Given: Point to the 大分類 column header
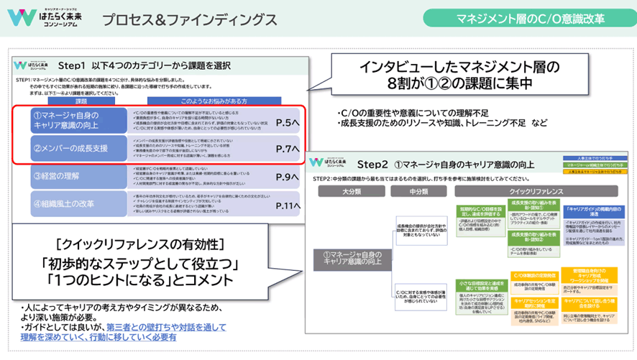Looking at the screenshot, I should click(350, 193).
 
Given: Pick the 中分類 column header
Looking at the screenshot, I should click(418, 193).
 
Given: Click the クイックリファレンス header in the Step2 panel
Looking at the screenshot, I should click(530, 193).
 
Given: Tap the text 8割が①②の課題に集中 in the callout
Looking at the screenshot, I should click(459, 83).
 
